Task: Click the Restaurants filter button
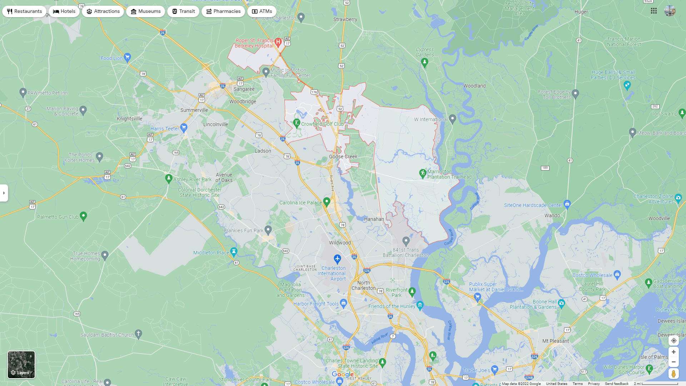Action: click(24, 11)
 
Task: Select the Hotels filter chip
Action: click(64, 11)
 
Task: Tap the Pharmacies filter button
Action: click(223, 11)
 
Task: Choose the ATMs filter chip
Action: click(262, 11)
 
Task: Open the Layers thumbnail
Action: click(21, 365)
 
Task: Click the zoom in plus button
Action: click(673, 352)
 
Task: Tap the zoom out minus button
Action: click(673, 362)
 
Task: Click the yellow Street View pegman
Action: click(673, 373)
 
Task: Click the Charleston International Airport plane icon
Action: click(337, 258)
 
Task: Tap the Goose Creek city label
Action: click(343, 157)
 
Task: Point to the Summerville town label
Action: click(194, 110)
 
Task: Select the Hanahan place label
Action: click(374, 219)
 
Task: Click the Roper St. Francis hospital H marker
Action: click(278, 42)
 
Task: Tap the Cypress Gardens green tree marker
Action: click(424, 63)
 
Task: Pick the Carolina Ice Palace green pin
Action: click(327, 202)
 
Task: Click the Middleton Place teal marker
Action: click(234, 252)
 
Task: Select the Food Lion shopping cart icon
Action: click(127, 57)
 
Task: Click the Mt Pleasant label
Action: click(556, 341)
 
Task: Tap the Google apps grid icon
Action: click(654, 11)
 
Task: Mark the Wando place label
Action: click(552, 216)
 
